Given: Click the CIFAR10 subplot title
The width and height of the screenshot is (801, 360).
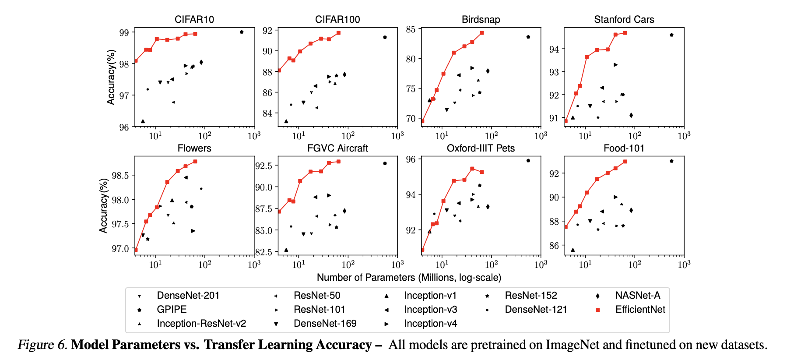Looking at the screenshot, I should pyautogui.click(x=194, y=20).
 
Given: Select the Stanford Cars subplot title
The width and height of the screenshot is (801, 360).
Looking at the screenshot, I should pyautogui.click(x=624, y=20).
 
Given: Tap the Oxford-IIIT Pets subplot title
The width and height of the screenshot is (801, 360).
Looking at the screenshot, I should pyautogui.click(x=481, y=148).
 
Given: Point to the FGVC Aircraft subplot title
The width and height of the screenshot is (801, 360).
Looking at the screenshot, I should pyautogui.click(x=337, y=148).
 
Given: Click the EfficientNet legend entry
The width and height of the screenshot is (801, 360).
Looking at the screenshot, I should pyautogui.click(x=640, y=310).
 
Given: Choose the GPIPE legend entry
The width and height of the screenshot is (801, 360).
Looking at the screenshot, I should pyautogui.click(x=172, y=310).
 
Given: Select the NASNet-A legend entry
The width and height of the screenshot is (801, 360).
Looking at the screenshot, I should pyautogui.click(x=637, y=296).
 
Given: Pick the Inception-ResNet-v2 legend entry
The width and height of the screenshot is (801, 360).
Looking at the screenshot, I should pyautogui.click(x=201, y=324).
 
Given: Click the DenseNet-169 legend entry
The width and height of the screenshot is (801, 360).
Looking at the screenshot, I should pyautogui.click(x=325, y=324).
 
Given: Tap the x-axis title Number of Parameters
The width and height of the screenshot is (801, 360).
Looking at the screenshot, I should pyautogui.click(x=409, y=278).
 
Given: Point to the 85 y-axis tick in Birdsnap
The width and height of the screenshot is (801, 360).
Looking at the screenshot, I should pyautogui.click(x=411, y=29).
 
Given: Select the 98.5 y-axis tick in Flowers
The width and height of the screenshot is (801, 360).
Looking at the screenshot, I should pyautogui.click(x=120, y=176).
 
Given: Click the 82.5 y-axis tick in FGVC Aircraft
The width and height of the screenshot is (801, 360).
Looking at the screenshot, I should pyautogui.click(x=263, y=252).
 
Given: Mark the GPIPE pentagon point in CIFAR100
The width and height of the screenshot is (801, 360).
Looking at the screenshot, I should pyautogui.click(x=385, y=37).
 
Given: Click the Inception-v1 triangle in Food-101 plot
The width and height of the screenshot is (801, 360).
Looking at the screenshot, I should pyautogui.click(x=573, y=250).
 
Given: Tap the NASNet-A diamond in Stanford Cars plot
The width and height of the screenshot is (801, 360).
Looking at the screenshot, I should pyautogui.click(x=631, y=115).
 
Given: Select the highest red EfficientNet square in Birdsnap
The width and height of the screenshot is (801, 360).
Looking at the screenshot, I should pyautogui.click(x=481, y=33).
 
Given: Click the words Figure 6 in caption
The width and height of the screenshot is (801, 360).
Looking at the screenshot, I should pyautogui.click(x=42, y=345).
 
